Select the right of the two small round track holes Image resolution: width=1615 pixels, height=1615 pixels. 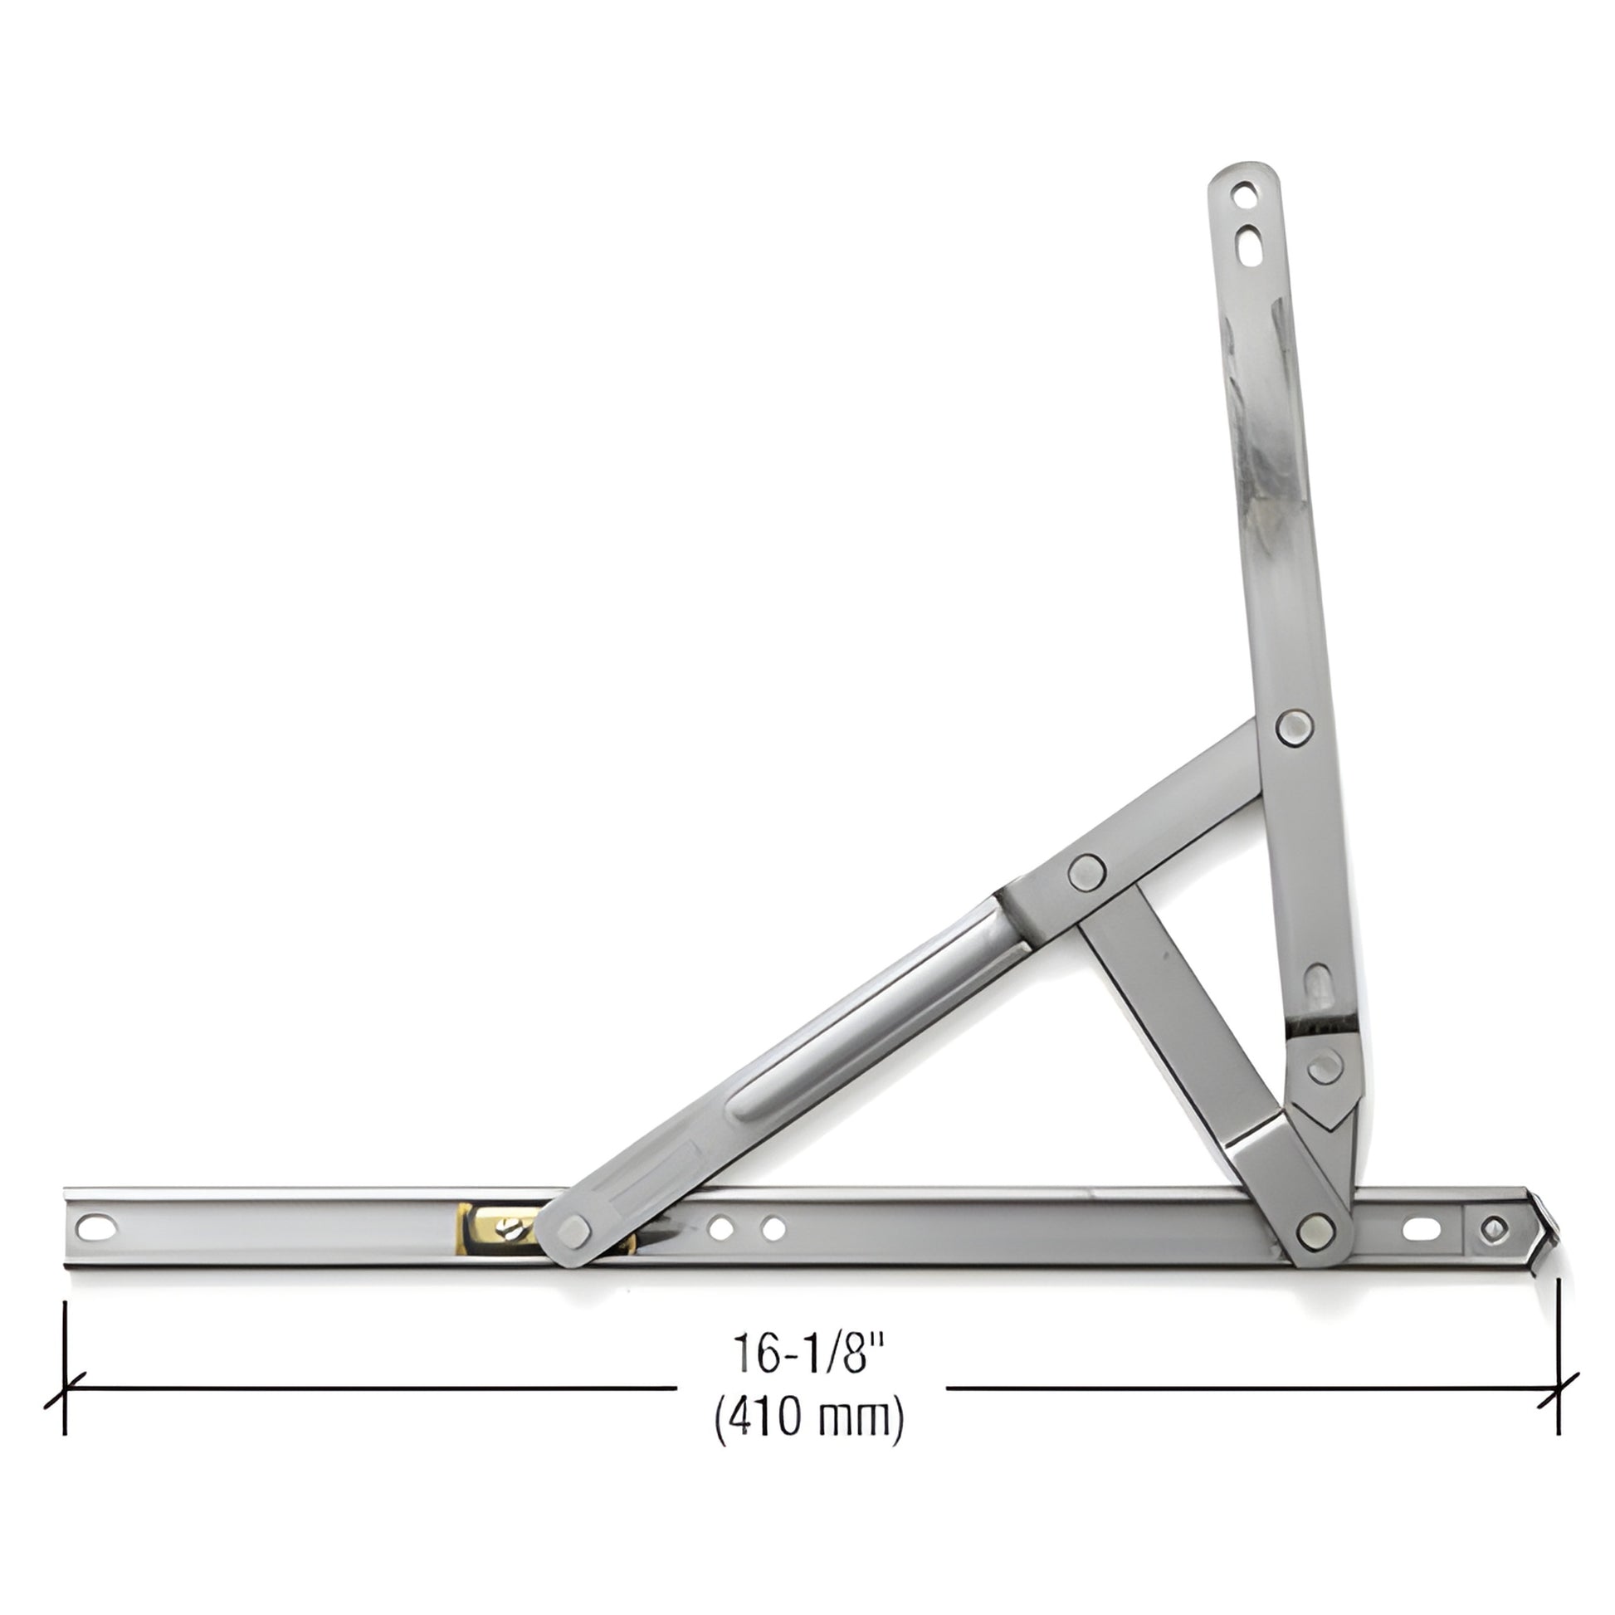pos(774,1228)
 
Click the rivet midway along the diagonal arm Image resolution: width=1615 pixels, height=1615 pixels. pos(1086,873)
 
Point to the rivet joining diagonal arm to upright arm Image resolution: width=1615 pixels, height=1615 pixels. pos(1294,725)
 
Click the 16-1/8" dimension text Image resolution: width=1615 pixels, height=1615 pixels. pos(808,1353)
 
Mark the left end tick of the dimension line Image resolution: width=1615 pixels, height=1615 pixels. pos(66,1383)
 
